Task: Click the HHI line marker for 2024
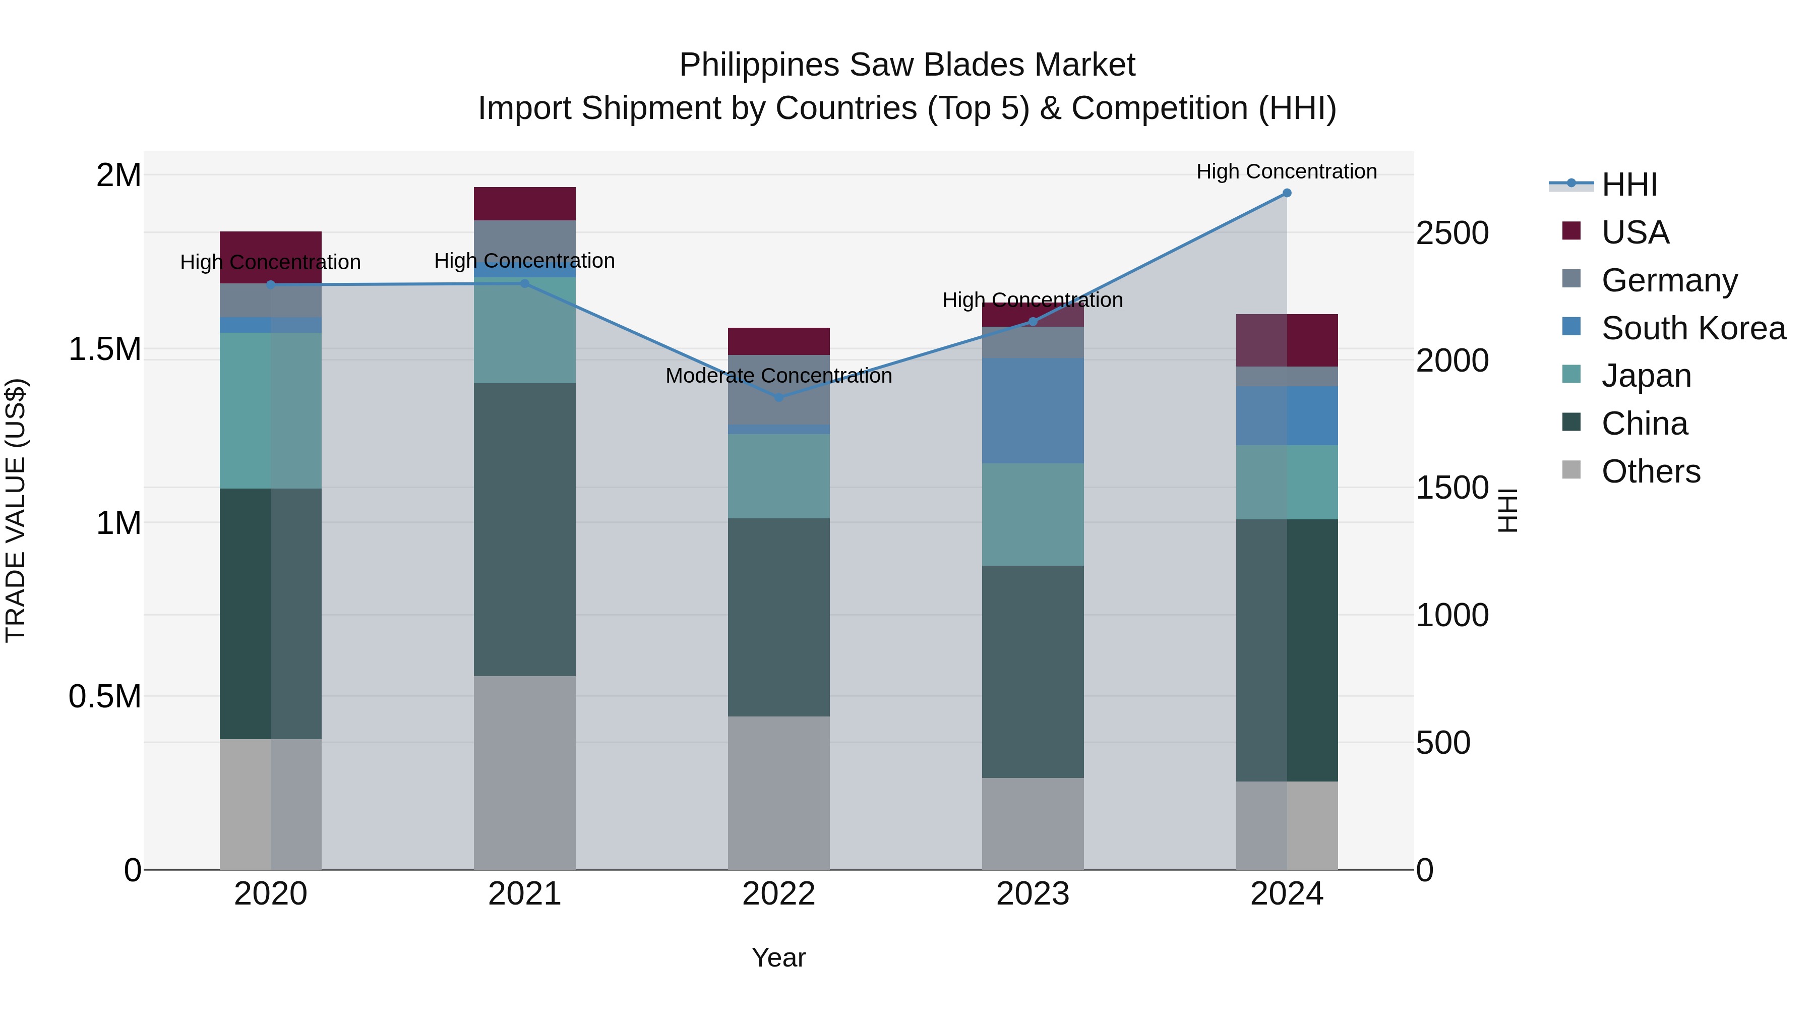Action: coord(1287,193)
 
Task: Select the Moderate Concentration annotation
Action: coord(778,376)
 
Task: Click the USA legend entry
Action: coord(1635,232)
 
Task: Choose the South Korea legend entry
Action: coord(1692,328)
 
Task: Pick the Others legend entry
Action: coord(1650,471)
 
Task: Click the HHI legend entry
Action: coord(1629,185)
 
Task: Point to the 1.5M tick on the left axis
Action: coord(104,349)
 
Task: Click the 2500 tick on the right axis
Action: coord(1452,233)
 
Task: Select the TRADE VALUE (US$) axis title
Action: coord(16,510)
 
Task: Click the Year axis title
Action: coord(778,957)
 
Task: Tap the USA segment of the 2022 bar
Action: coord(778,341)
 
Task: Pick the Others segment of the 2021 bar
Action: coord(524,772)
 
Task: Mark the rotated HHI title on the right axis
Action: coord(1507,510)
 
